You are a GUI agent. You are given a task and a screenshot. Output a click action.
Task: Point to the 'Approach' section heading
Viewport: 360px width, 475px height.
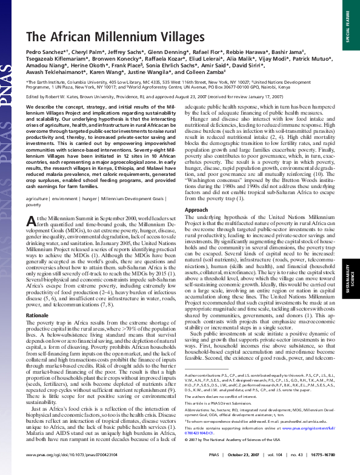coord(196,209)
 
